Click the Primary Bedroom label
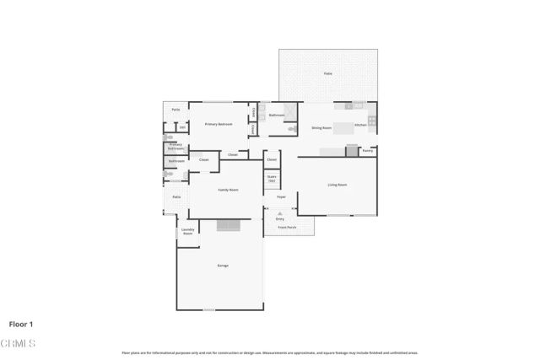coord(219,124)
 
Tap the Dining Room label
coord(321,128)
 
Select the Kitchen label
coord(360,125)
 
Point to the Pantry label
coord(367,151)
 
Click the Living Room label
coord(337,184)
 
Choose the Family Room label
coord(228,190)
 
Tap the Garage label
coord(223,266)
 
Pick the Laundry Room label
coord(187,231)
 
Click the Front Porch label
coord(287,228)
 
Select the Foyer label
coord(281,196)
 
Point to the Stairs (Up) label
coord(272,179)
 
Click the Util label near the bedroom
coord(181,127)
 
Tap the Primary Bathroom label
coord(175,146)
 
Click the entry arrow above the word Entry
coord(279,213)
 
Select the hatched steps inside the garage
coord(229,224)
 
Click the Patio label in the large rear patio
coord(327,74)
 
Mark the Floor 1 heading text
coord(21,324)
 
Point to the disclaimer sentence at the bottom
coord(270,352)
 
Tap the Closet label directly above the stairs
coord(272,159)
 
